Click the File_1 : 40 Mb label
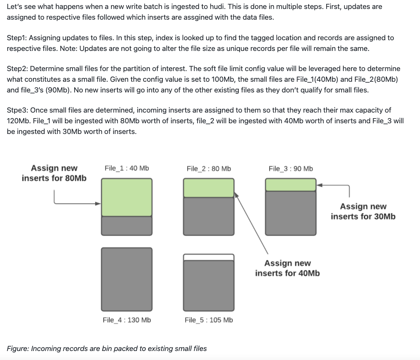[126, 168]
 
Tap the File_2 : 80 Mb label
[209, 169]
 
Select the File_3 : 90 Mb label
[291, 169]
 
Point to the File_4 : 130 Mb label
[127, 320]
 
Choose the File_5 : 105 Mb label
[209, 320]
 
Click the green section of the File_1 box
[126, 197]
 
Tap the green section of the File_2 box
[209, 188]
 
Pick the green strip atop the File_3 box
[291, 185]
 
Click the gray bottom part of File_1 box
[126, 226]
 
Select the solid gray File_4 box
[126, 279]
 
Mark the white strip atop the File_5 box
[209, 257]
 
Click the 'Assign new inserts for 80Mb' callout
[54, 173]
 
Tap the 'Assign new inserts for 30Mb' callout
[363, 211]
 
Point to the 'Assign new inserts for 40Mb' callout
[287, 268]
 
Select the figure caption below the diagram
[107, 348]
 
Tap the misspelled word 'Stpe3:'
[18, 110]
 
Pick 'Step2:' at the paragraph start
[18, 68]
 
